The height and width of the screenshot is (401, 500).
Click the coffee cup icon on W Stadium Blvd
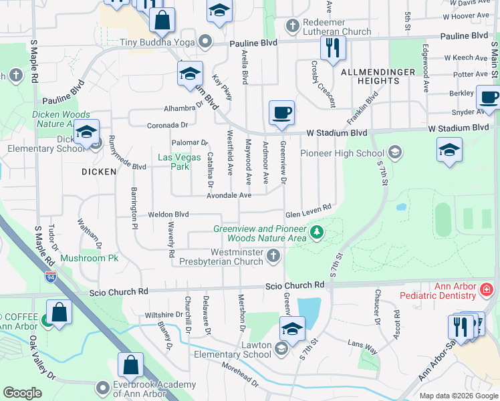281,113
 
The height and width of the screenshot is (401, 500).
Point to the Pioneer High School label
342,152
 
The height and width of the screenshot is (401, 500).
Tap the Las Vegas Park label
173,162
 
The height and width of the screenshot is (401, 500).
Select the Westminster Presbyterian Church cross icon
273,255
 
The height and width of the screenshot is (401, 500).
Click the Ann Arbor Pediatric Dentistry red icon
487,289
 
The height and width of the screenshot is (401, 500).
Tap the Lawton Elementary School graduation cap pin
292,329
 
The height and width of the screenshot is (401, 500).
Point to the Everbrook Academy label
149,387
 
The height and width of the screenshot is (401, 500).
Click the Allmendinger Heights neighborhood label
370,76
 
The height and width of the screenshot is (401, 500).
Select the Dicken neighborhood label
99,171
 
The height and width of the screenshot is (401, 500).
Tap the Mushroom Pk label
89,258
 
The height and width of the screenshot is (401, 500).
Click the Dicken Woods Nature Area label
60,119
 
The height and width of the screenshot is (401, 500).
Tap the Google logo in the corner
23,393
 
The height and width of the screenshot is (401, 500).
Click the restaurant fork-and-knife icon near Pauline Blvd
332,47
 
